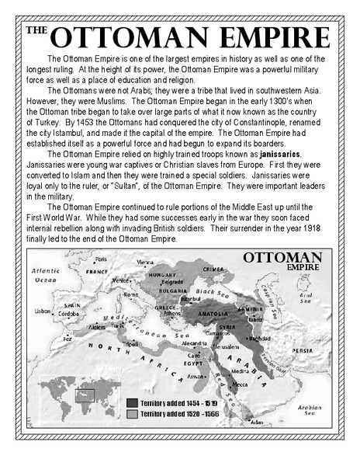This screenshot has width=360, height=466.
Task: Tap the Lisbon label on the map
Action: click(43, 311)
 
